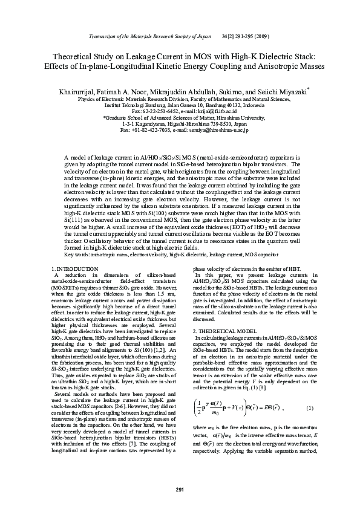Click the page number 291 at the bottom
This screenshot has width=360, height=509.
180,489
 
